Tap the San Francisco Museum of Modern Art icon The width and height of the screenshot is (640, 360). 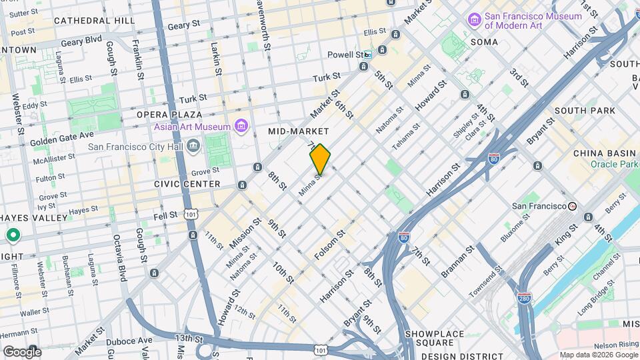coord(475,20)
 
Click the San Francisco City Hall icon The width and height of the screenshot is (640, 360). coord(193,145)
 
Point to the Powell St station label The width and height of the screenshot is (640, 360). coord(349,55)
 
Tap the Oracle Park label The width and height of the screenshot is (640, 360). coord(614,164)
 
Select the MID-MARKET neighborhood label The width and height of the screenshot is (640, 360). coord(299,131)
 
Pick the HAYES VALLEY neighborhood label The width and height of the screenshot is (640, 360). coord(34,218)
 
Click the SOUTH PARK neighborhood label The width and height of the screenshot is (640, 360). coord(579,111)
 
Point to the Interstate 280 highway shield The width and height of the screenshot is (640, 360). coord(524,297)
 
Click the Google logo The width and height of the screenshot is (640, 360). coord(22,351)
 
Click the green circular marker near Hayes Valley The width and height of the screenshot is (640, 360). coord(13,235)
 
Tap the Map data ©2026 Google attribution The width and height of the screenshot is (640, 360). coord(598,355)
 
